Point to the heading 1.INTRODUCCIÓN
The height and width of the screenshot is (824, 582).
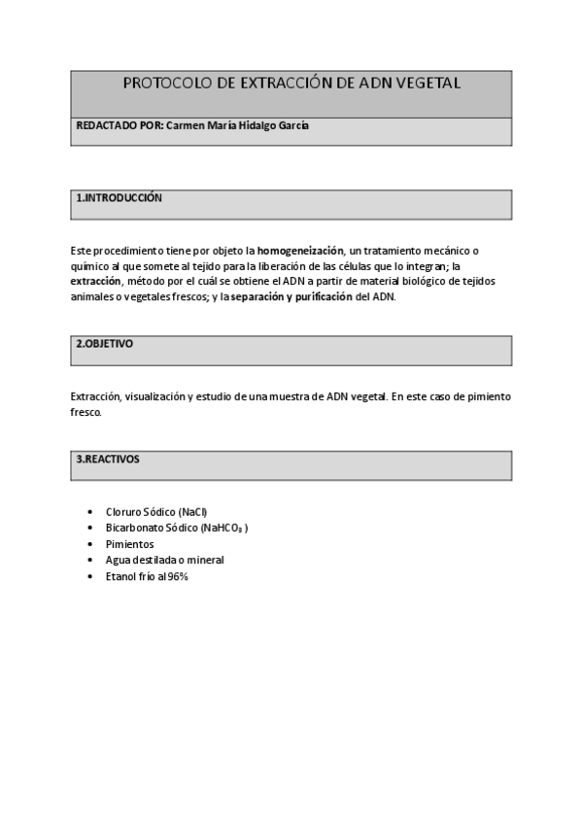(120, 198)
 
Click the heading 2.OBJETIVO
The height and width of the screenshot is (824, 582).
(105, 344)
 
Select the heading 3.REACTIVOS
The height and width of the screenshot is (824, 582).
(108, 460)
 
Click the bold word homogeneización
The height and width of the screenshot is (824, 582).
(301, 251)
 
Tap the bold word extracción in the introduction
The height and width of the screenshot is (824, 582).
(96, 282)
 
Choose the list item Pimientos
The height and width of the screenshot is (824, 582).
(130, 544)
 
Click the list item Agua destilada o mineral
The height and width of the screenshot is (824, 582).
(165, 561)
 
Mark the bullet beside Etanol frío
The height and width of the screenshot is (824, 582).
(89, 577)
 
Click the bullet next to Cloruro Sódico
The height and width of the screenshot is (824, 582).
(89, 512)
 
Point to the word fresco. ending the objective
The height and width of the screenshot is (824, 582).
(86, 412)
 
